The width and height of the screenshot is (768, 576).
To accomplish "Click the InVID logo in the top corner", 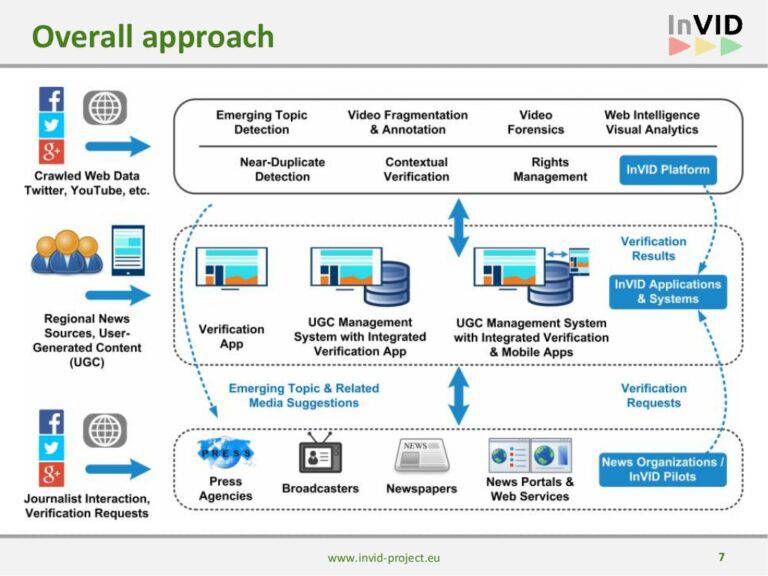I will click(705, 34).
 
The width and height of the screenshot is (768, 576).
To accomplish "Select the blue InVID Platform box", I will click(667, 170).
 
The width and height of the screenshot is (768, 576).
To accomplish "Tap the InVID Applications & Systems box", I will click(669, 291).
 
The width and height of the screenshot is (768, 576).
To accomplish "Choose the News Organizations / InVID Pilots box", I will click(663, 469).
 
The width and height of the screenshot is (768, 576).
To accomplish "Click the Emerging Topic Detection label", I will click(261, 122).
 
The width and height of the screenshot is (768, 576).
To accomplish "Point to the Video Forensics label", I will click(536, 122).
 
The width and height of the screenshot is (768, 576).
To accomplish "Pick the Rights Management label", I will click(550, 169).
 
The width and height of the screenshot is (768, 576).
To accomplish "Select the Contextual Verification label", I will click(416, 169).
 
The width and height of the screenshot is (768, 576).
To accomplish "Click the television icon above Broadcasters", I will click(321, 456).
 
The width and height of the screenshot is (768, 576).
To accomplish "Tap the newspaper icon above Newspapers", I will click(422, 455).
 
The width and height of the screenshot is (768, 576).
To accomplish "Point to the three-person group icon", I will click(66, 253).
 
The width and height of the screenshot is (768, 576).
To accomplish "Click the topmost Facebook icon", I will click(52, 99).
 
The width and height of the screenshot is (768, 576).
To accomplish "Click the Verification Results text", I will click(653, 248).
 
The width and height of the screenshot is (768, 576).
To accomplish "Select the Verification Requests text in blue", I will click(653, 395).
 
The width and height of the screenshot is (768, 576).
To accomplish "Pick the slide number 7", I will click(721, 556).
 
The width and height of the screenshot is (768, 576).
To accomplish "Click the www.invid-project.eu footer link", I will click(383, 557).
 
